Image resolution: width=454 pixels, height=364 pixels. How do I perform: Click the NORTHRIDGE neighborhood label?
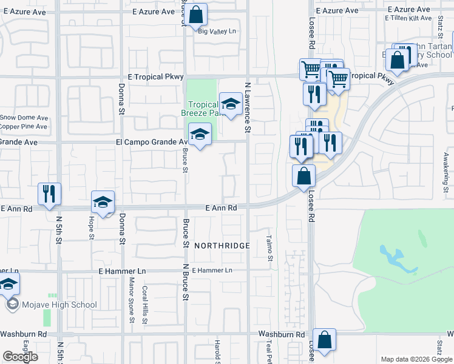(222, 246)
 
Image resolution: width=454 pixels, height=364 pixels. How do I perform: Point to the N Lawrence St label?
(247, 108)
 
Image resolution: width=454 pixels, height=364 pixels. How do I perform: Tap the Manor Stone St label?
(131, 300)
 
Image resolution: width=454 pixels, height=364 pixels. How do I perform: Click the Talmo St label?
(269, 246)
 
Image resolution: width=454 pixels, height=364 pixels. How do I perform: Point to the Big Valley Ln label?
(217, 32)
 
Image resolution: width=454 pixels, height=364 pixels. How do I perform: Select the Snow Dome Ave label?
(24, 118)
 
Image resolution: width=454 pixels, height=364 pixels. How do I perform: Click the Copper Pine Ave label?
(24, 127)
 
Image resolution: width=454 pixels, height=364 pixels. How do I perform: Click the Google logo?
(20, 357)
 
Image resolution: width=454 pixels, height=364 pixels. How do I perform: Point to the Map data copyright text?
(416, 359)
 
